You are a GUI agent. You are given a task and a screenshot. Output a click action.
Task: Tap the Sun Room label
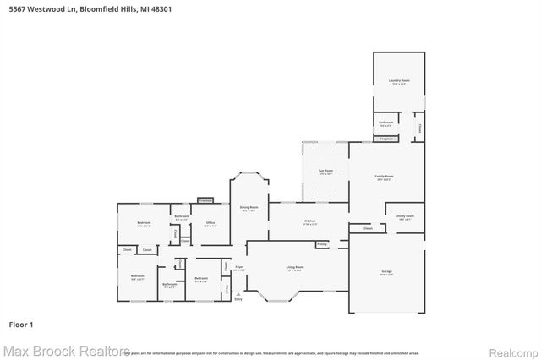click(x=325, y=172)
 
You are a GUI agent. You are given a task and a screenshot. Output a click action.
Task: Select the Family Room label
click(x=384, y=177)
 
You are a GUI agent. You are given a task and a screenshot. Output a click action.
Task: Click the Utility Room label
click(x=405, y=217)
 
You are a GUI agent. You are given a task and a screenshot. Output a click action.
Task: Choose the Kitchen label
click(x=310, y=222)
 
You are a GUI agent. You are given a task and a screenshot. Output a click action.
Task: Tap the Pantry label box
click(x=322, y=244)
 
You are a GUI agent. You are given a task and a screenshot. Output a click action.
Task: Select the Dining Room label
click(x=249, y=208)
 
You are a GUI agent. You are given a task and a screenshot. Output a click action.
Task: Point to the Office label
click(x=210, y=224)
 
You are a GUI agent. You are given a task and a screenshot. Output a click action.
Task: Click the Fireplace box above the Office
click(x=205, y=200)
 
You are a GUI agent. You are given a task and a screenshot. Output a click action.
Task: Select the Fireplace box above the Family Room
click(x=386, y=139)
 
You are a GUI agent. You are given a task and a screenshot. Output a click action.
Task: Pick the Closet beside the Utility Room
click(x=367, y=228)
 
